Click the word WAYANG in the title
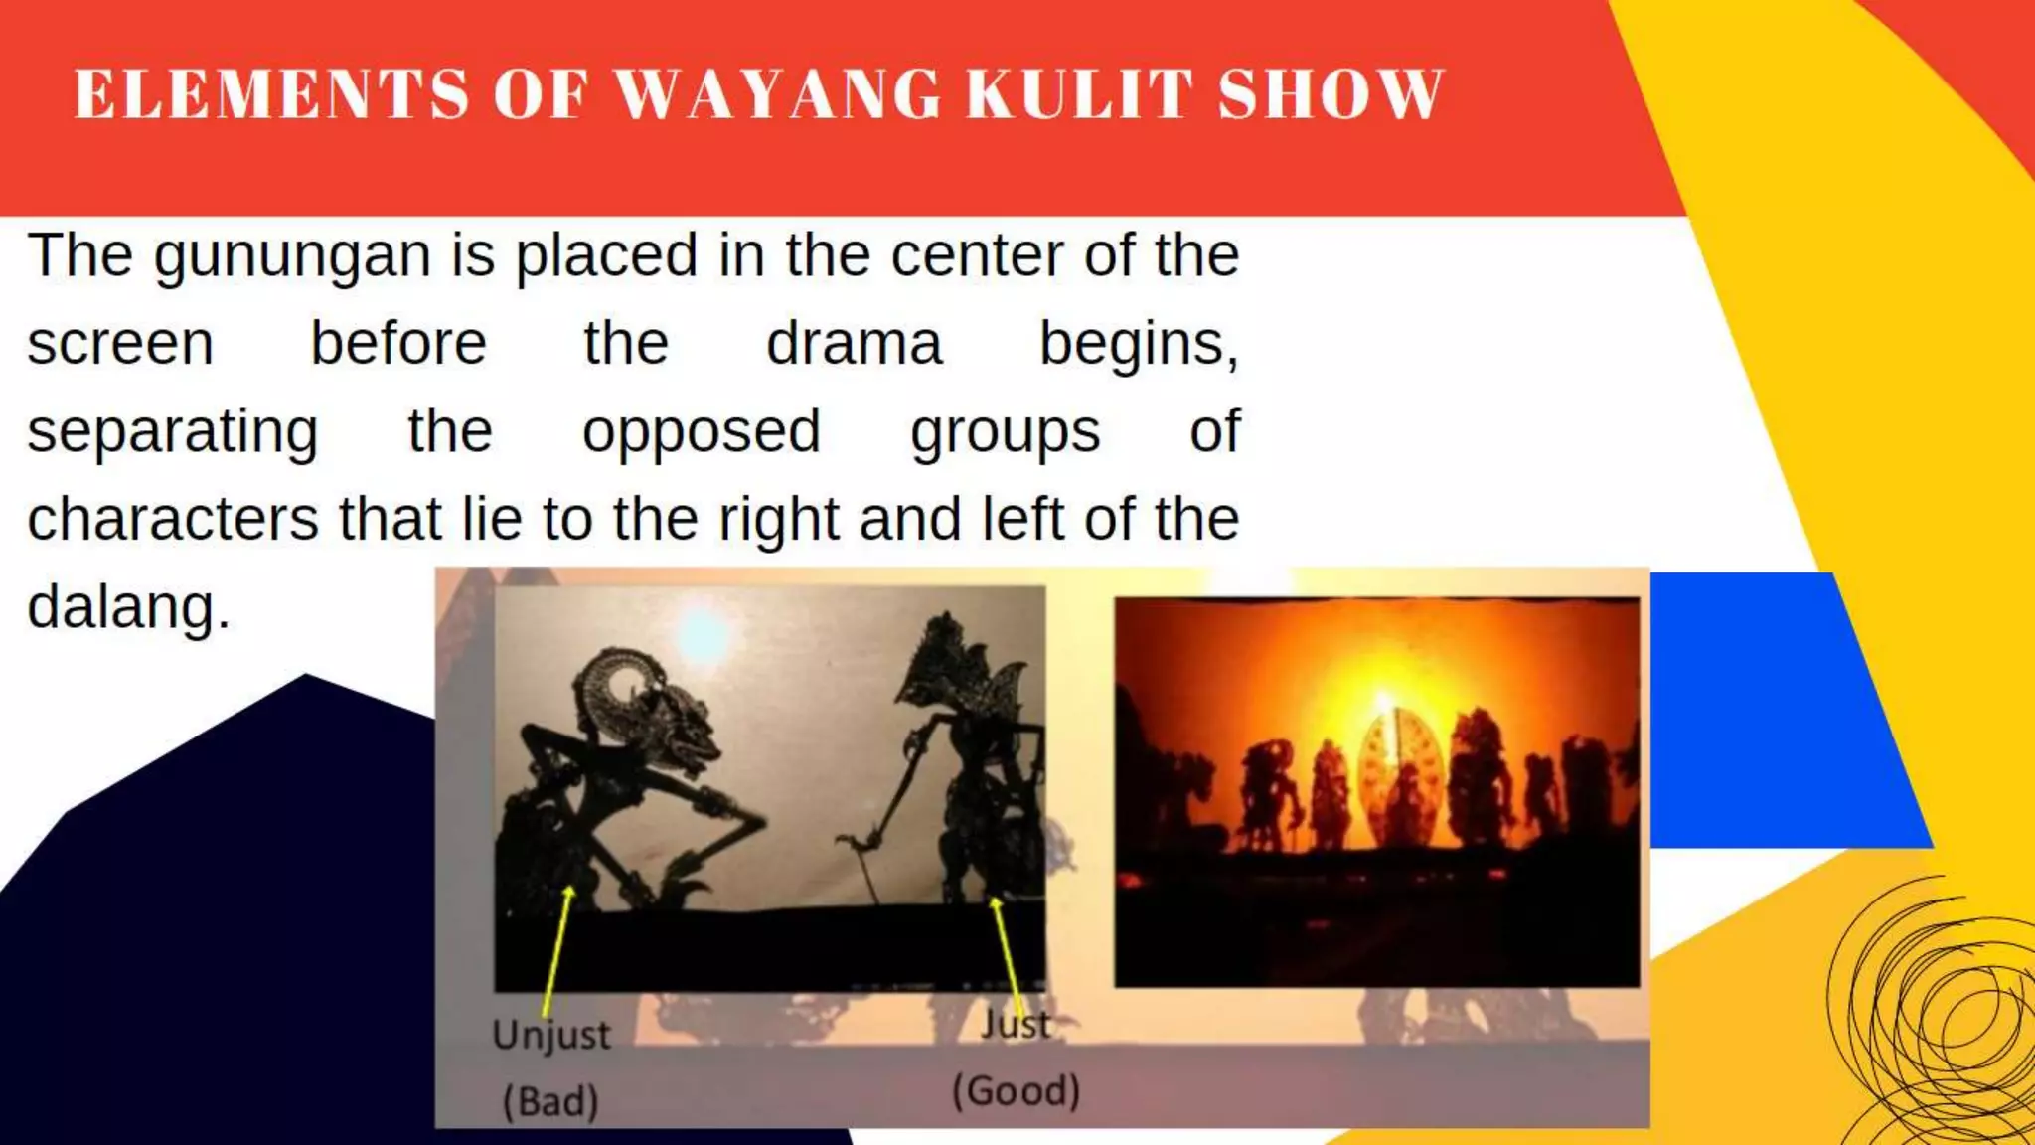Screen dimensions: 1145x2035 pos(778,95)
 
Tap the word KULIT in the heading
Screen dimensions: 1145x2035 pos(1079,95)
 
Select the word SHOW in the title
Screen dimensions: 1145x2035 pos(1331,95)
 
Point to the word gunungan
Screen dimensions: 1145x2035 pos(292,257)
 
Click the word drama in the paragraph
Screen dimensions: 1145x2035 pos(854,344)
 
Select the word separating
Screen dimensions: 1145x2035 pos(173,433)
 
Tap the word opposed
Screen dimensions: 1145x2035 pos(702,433)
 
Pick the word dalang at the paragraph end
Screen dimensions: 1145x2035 pos(127,607)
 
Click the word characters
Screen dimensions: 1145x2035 pos(173,520)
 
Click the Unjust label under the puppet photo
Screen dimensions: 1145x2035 pos(551,1035)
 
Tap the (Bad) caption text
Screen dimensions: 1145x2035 pos(550,1101)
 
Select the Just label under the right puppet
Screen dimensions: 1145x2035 pos(1016,1024)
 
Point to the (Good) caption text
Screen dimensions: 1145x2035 pos(1016,1091)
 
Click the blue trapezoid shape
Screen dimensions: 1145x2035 pos(1779,711)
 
